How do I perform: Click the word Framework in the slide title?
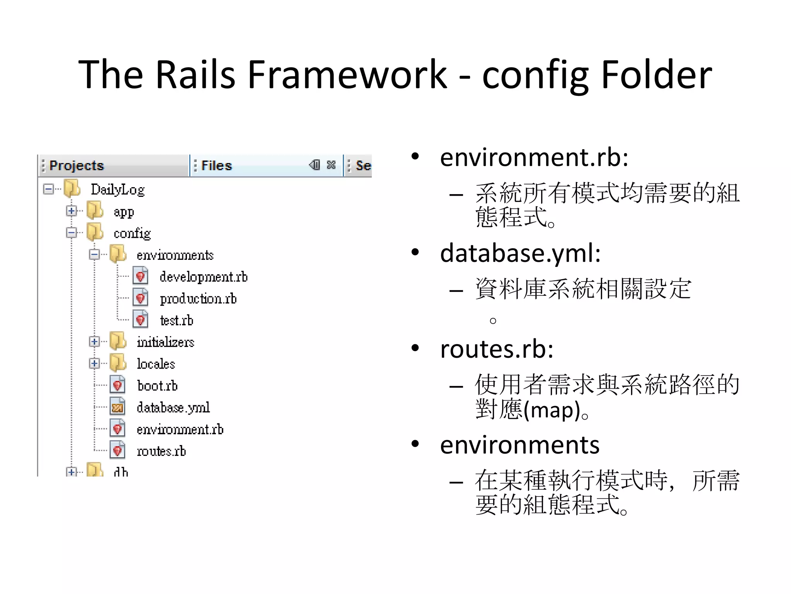pos(346,74)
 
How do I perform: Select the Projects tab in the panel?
pos(76,166)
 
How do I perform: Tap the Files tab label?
pos(216,166)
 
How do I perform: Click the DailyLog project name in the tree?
pos(117,189)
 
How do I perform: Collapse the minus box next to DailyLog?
pos(48,189)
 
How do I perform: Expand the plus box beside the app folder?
pos(71,211)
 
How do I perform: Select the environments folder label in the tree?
pos(175,255)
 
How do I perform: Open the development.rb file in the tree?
pos(203,277)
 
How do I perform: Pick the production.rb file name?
pos(198,299)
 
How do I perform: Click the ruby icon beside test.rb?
pos(141,320)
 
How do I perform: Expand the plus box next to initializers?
pos(94,341)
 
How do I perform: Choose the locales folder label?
pos(156,364)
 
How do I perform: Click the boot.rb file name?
pos(157,386)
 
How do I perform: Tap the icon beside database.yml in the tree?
pos(117,407)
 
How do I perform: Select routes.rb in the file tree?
pos(161,451)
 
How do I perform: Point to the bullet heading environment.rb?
pos(534,157)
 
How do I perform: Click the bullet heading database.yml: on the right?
pos(520,253)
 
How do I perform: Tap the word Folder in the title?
pos(656,74)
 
